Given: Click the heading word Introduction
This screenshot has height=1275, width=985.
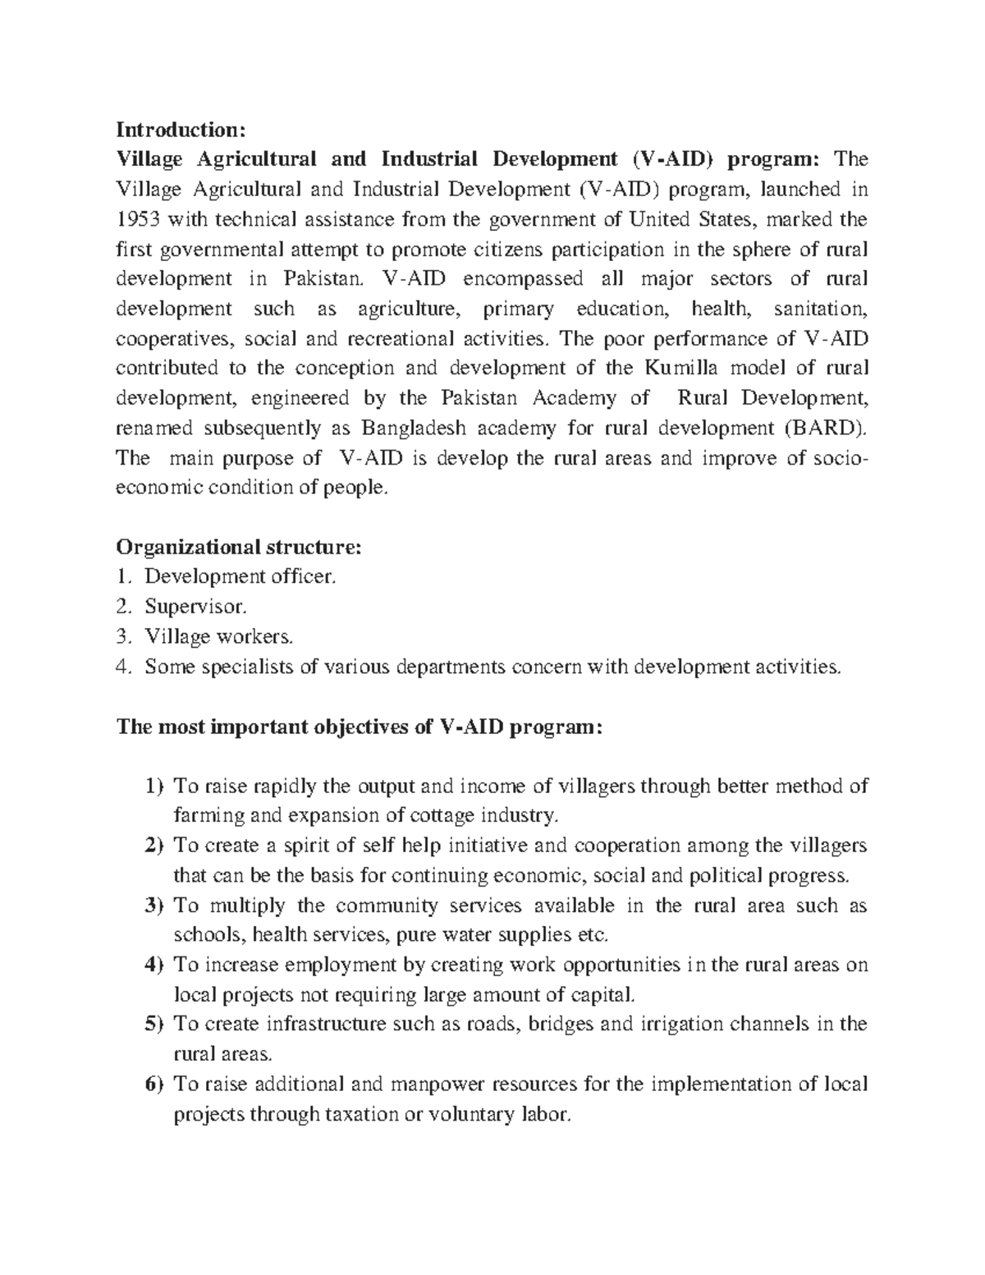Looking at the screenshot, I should [x=180, y=130].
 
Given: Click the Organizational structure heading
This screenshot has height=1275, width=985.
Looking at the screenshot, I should [x=238, y=547].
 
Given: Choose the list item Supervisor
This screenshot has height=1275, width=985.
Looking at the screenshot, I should [x=195, y=607].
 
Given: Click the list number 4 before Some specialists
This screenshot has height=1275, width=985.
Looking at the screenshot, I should [x=123, y=667].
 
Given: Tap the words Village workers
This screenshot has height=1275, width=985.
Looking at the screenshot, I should [x=218, y=636].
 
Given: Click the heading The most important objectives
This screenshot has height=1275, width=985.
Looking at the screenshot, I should [x=360, y=727].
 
